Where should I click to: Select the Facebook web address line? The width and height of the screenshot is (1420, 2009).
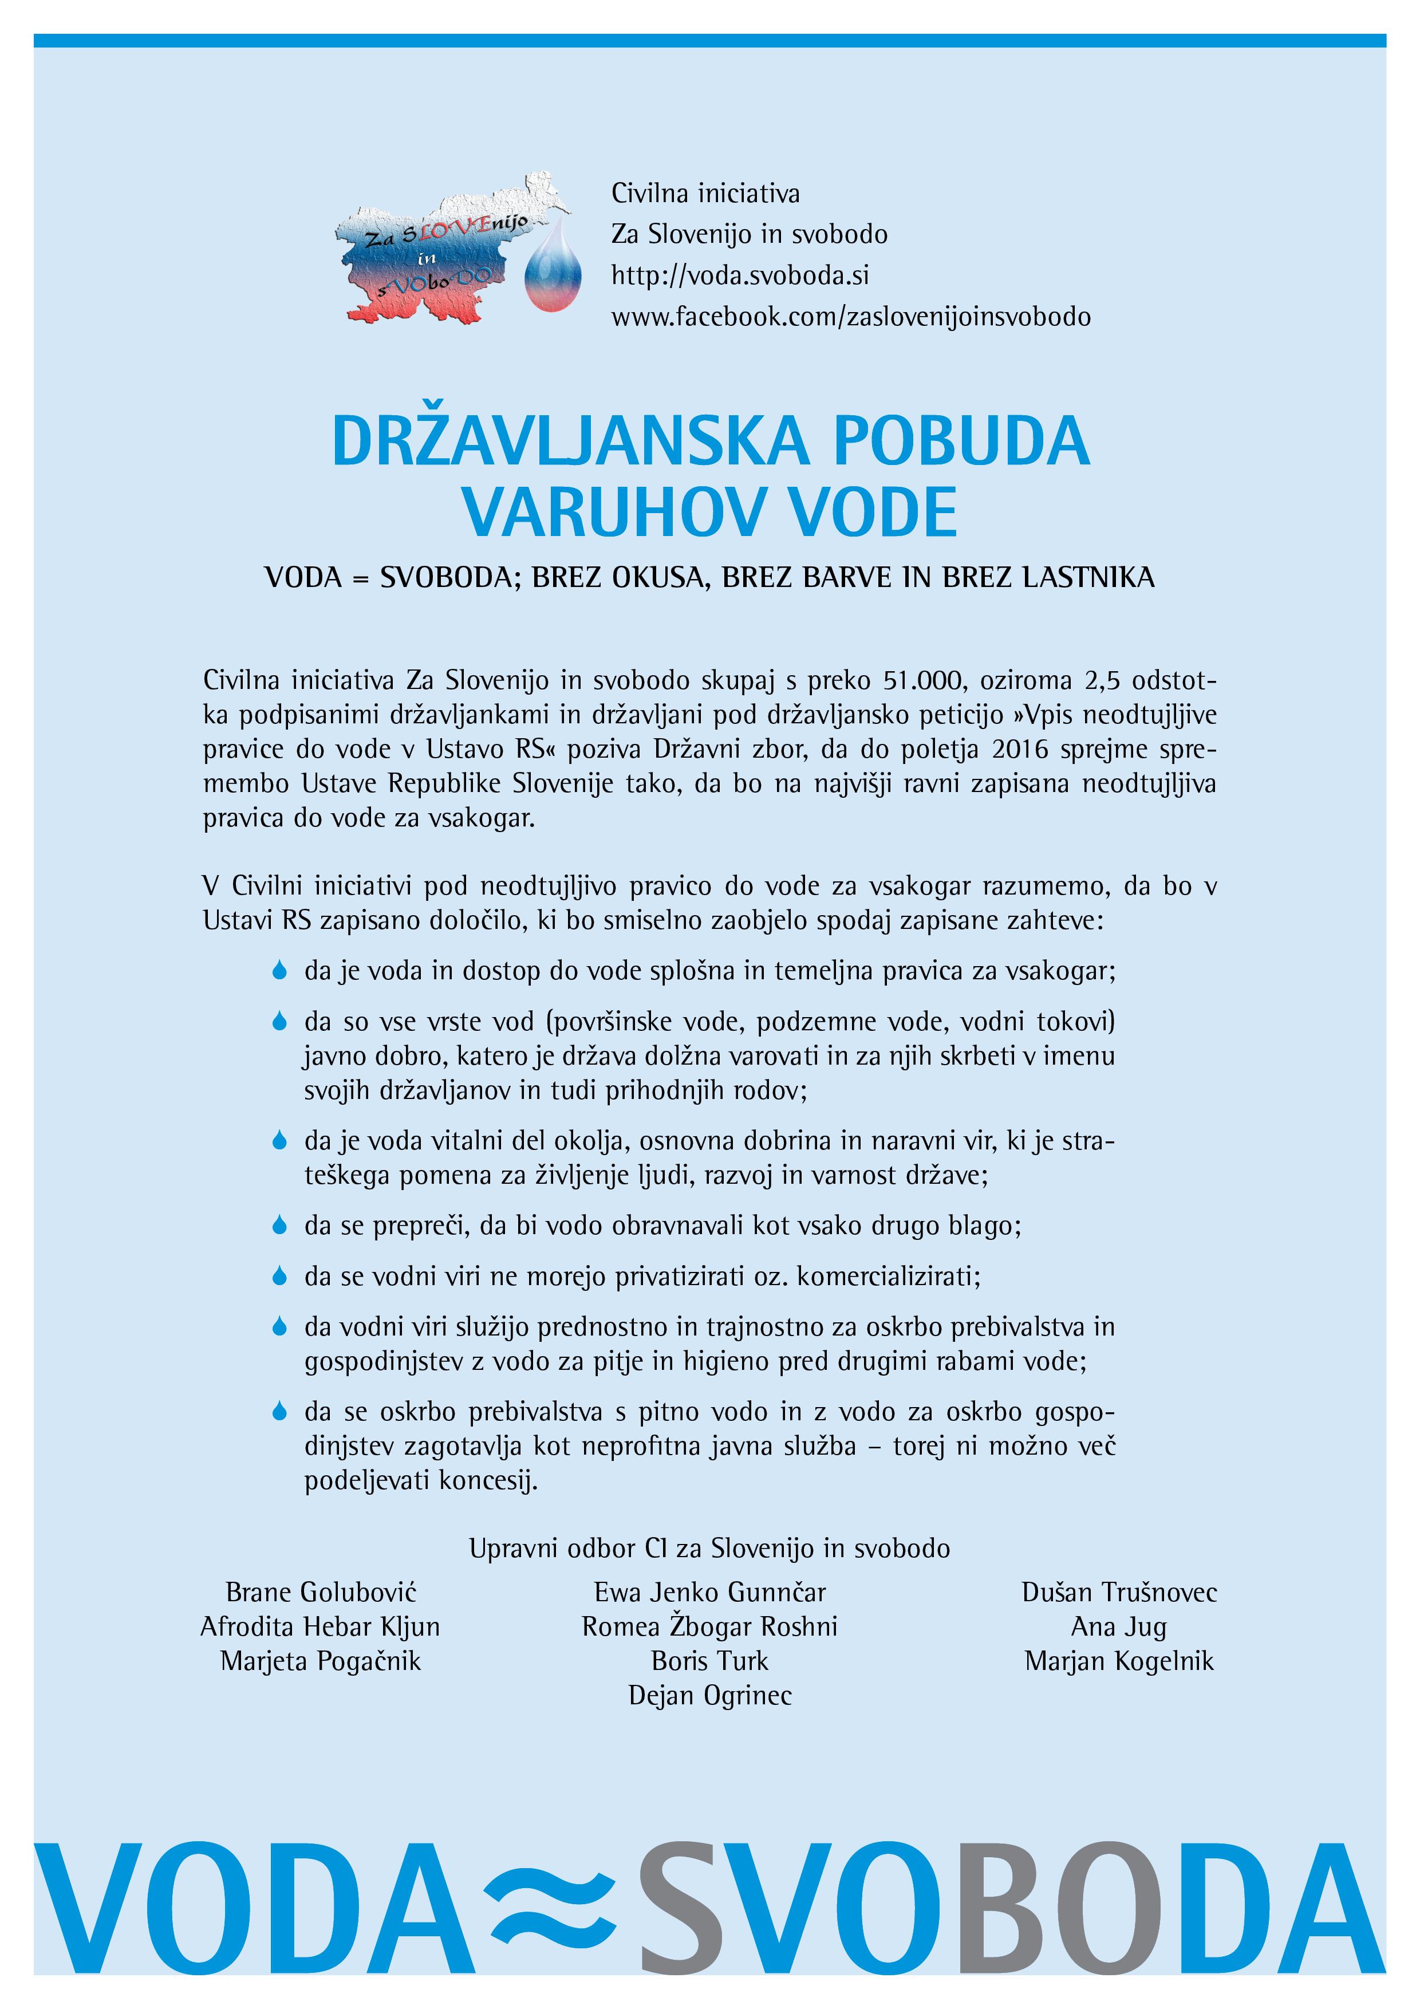click(x=850, y=317)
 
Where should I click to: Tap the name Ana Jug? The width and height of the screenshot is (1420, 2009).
click(x=1118, y=1626)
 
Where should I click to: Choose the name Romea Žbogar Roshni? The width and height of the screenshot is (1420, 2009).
click(x=709, y=1626)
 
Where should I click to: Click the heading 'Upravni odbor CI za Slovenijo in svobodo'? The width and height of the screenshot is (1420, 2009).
click(x=709, y=1549)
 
